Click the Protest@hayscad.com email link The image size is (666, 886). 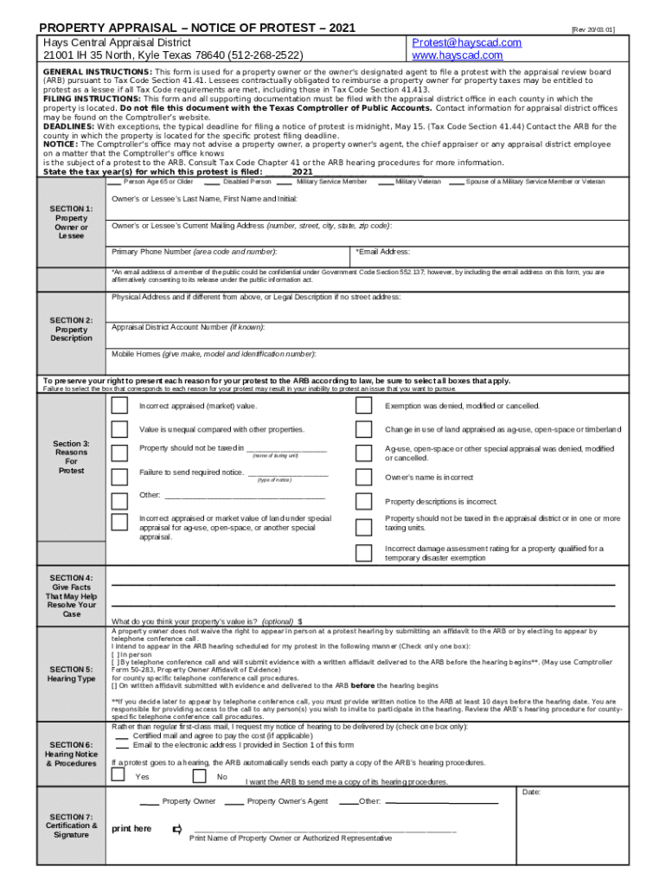(x=466, y=42)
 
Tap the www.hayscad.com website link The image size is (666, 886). (x=458, y=55)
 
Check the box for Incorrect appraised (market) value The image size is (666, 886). (x=119, y=407)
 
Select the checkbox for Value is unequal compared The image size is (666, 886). (x=119, y=430)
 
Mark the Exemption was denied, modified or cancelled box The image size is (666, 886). (x=364, y=407)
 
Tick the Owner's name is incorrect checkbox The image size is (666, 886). (x=364, y=478)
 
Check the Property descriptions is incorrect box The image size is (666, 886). (x=364, y=501)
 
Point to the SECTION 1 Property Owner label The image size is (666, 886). (x=72, y=222)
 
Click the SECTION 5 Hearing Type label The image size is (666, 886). (x=72, y=673)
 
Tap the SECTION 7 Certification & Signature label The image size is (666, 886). (x=72, y=825)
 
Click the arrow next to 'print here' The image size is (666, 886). (x=177, y=829)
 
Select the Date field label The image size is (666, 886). (x=532, y=792)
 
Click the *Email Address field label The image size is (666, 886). (x=382, y=252)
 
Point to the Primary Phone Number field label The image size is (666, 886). (x=195, y=252)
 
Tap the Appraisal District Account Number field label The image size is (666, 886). (x=189, y=327)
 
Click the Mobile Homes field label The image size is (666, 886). (x=214, y=354)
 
